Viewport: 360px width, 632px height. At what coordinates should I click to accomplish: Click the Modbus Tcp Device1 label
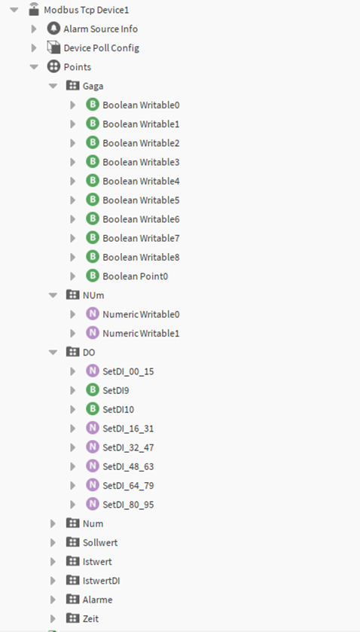click(87, 10)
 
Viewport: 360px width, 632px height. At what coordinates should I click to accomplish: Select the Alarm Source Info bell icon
click(53, 29)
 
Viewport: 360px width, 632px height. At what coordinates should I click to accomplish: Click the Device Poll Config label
click(101, 48)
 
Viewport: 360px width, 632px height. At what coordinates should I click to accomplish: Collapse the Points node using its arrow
click(34, 67)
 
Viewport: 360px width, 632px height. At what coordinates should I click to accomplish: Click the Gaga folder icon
click(72, 85)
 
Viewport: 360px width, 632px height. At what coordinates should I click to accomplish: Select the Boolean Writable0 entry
click(141, 105)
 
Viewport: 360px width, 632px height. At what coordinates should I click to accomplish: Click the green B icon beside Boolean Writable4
click(93, 181)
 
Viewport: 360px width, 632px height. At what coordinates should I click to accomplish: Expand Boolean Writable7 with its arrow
click(73, 238)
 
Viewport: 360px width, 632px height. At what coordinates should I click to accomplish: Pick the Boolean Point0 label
click(135, 276)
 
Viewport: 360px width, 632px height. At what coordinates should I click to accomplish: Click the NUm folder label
click(93, 295)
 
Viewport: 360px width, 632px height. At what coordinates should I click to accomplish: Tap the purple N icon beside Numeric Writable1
click(93, 333)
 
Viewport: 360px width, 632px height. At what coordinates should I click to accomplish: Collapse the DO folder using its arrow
click(53, 353)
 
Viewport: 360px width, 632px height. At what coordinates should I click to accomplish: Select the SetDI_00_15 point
click(128, 371)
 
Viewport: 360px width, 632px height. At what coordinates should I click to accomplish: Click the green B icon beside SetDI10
click(93, 409)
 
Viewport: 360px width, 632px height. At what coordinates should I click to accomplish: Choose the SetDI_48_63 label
click(128, 467)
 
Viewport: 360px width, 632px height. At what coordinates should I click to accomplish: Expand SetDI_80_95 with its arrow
click(73, 505)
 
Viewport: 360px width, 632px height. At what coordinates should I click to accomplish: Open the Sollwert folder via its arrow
click(53, 542)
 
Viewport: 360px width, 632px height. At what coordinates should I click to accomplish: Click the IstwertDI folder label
click(101, 581)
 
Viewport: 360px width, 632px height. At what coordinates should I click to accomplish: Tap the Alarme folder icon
click(72, 600)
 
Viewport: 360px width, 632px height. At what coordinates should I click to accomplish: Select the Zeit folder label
click(90, 618)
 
